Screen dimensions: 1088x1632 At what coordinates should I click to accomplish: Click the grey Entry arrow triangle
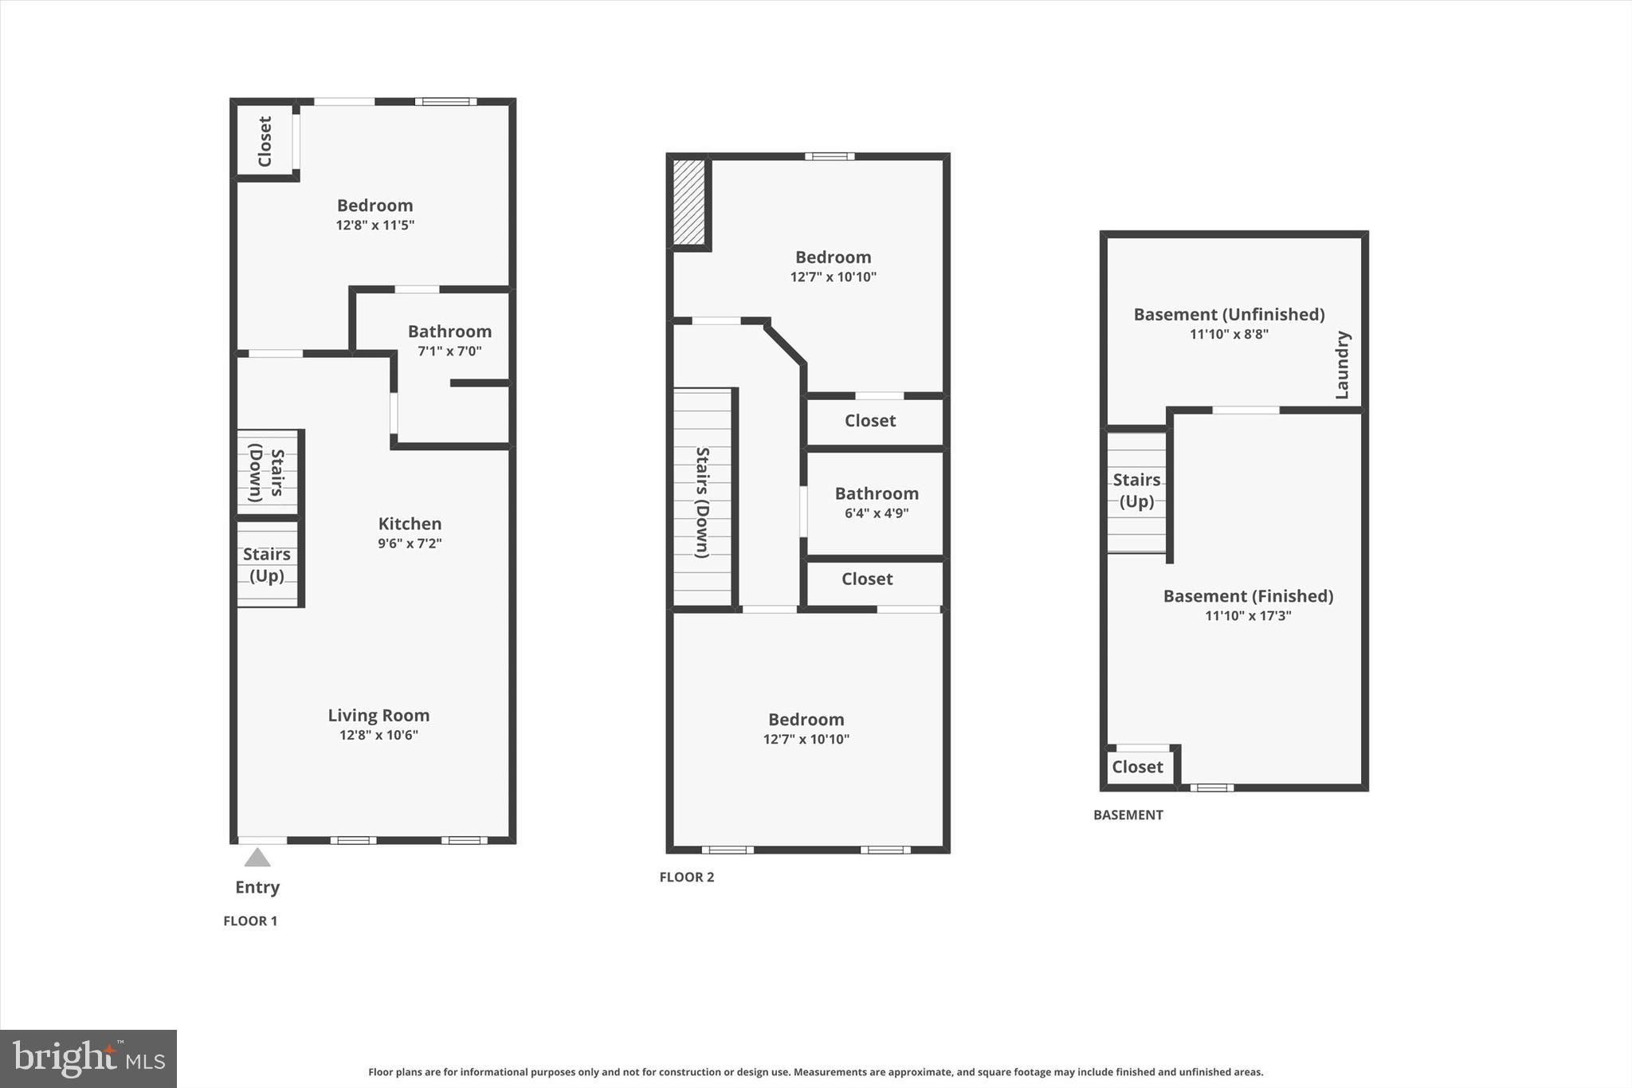click(x=257, y=858)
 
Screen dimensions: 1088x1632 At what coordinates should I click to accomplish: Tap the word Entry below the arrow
click(x=257, y=887)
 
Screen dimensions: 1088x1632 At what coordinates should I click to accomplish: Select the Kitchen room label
click(x=410, y=524)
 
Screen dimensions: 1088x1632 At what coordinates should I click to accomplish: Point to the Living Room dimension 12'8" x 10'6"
click(x=379, y=735)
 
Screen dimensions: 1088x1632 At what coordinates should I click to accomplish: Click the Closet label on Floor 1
click(x=265, y=141)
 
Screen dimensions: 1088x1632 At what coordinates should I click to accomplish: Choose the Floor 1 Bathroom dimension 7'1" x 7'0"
click(x=449, y=351)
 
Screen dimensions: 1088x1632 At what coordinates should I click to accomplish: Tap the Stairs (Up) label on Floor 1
click(x=267, y=564)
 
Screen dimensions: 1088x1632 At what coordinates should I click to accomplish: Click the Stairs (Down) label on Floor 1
click(x=267, y=473)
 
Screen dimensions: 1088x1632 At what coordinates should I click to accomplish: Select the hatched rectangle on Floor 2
click(x=688, y=202)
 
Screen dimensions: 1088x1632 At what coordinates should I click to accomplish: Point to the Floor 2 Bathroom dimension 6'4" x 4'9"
click(x=877, y=513)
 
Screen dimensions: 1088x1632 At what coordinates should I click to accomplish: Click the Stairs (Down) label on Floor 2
click(x=702, y=502)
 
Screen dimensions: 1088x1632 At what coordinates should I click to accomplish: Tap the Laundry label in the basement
click(x=1342, y=365)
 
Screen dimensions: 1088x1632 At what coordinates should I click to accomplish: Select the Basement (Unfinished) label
click(x=1229, y=315)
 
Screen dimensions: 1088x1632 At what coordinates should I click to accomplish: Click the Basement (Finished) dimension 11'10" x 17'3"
click(x=1248, y=615)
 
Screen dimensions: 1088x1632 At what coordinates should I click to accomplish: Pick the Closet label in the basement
click(x=1137, y=767)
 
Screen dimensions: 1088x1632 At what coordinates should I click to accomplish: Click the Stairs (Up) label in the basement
click(x=1136, y=490)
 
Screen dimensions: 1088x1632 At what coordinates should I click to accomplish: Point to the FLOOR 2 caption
click(x=687, y=878)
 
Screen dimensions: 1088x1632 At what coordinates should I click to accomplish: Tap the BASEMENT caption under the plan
click(x=1128, y=815)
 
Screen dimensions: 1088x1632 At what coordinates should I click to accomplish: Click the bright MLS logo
click(x=88, y=1059)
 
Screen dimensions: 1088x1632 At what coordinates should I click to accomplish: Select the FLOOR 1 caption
click(x=250, y=921)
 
